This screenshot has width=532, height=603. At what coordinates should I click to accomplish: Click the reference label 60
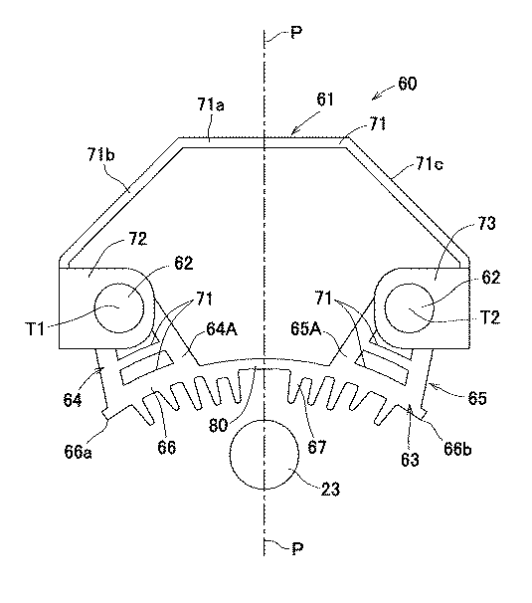click(407, 83)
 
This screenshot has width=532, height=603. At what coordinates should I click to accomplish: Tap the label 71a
click(211, 104)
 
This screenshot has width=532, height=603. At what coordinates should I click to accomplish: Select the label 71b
click(101, 156)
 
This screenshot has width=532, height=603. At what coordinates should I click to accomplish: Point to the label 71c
click(429, 164)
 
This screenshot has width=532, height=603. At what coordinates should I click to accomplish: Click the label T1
click(35, 329)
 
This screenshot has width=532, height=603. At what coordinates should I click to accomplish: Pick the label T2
click(490, 317)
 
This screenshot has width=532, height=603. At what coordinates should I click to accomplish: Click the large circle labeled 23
click(265, 454)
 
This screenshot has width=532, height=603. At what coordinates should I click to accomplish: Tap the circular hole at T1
click(119, 308)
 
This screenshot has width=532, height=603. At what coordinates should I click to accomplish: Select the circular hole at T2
click(409, 308)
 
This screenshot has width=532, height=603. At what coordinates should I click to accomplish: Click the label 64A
click(222, 329)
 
